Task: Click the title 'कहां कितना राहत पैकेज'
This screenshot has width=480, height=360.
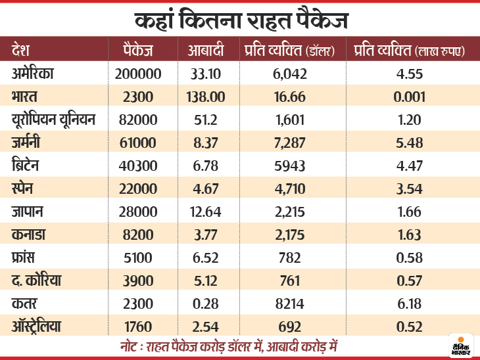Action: point(240,20)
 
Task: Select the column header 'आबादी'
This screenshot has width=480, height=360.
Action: point(206,51)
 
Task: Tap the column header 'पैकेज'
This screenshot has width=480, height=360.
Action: point(139,51)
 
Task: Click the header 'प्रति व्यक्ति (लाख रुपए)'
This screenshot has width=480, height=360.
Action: point(408,51)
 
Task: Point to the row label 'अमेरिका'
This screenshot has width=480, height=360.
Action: point(41,74)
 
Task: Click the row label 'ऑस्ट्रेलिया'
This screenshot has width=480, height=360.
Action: point(47,326)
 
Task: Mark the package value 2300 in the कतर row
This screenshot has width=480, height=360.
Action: point(137,304)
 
